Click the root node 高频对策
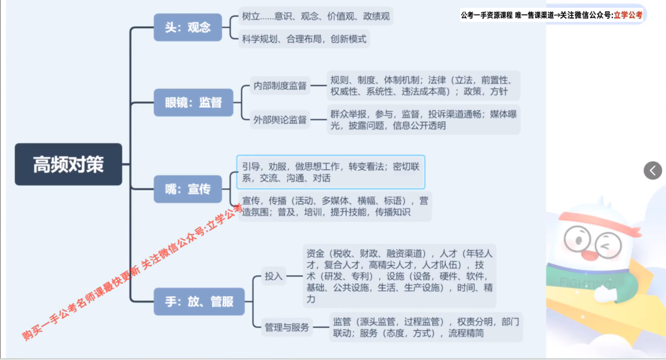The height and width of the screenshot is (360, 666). (68, 164)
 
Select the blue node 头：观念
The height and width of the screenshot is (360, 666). (188, 28)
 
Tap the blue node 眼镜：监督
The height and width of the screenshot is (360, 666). (193, 102)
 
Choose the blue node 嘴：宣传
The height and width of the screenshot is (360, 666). (188, 189)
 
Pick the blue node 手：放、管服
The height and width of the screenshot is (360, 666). (199, 301)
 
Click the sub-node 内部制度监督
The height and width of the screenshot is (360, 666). (280, 86)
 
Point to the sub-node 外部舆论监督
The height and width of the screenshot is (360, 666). (280, 120)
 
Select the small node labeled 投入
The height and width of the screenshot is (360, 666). (273, 276)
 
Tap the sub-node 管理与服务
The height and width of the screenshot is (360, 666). (287, 327)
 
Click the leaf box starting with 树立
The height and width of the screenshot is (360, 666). (316, 16)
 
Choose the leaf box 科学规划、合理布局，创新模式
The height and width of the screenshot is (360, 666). (304, 39)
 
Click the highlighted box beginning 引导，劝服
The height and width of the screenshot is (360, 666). (331, 172)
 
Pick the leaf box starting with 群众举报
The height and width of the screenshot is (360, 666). (423, 120)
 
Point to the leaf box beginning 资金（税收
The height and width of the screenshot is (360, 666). (400, 276)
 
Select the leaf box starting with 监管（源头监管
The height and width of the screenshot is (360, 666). (426, 327)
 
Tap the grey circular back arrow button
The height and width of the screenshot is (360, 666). (653, 171)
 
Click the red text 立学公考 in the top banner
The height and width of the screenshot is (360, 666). (628, 15)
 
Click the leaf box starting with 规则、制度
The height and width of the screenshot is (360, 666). (423, 86)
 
